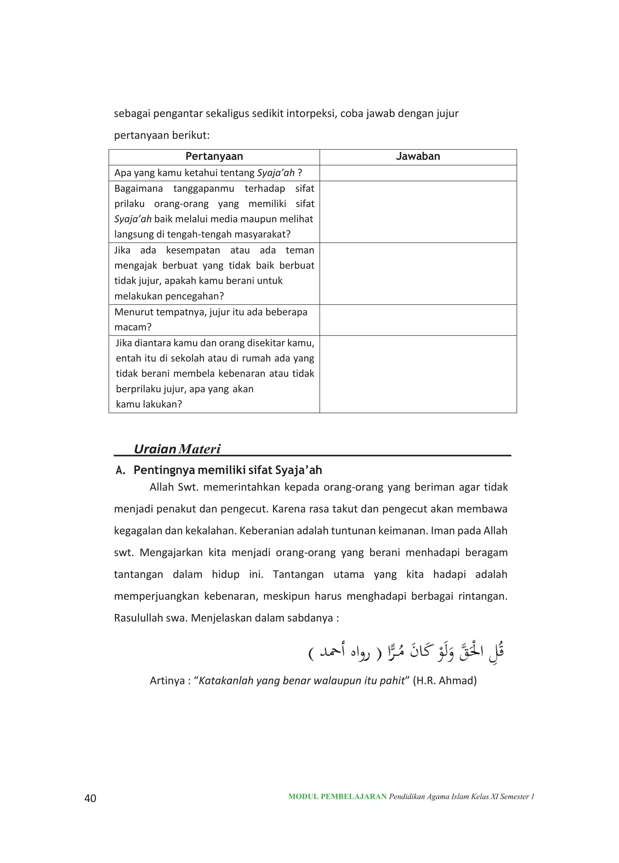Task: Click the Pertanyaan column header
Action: [x=214, y=156]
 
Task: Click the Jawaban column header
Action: [x=418, y=156]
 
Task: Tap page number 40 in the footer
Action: [x=90, y=798]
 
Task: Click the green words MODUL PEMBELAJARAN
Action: [x=337, y=797]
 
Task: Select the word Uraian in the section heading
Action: [x=154, y=449]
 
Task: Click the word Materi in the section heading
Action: [x=199, y=449]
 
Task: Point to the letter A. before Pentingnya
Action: [x=120, y=470]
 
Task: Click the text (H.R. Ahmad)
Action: [x=445, y=680]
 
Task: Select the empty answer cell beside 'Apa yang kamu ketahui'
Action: [x=418, y=173]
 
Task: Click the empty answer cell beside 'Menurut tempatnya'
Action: [x=418, y=320]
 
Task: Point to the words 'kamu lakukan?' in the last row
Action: [x=149, y=404]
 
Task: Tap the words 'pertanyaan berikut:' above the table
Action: [x=162, y=135]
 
